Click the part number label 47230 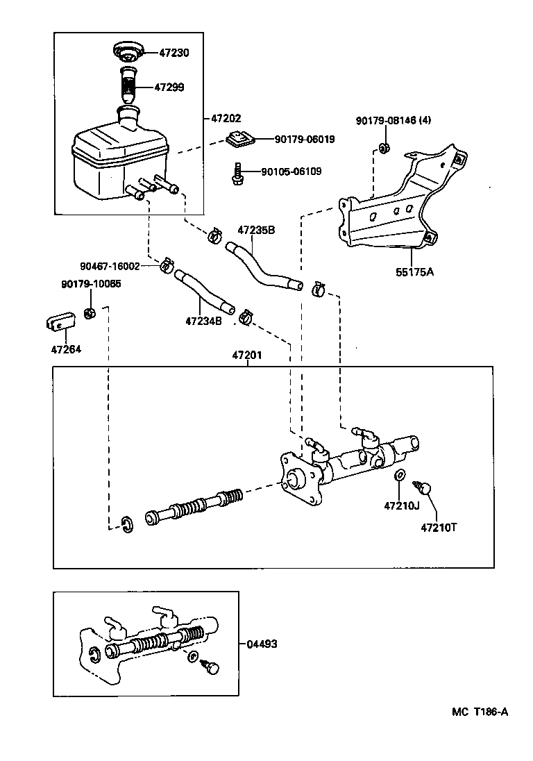175,53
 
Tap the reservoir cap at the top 128,51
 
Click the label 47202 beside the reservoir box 226,119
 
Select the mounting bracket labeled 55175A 396,208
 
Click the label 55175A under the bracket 414,272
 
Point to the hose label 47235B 256,230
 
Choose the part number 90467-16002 110,266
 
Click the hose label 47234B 203,321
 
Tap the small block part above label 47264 60,321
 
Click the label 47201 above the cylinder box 247,356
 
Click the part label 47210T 439,527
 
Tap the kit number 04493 262,644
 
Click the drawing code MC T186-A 480,712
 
